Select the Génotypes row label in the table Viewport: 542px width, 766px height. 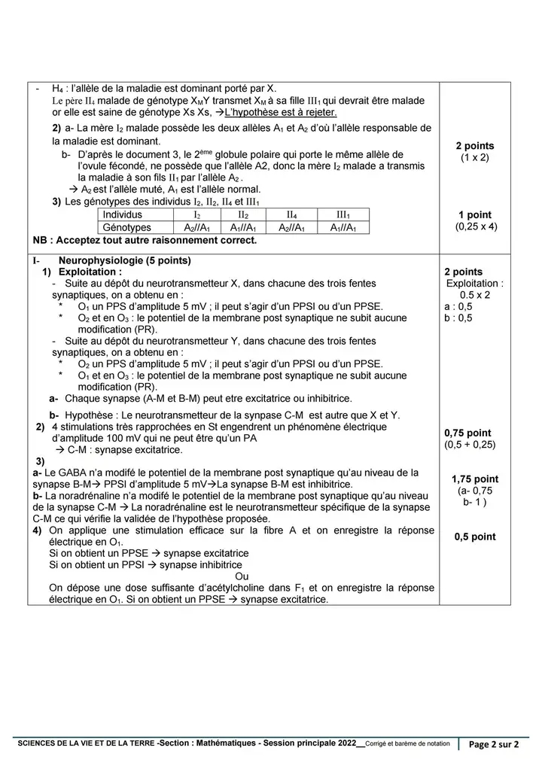(126, 227)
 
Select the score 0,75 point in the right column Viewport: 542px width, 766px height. (467, 433)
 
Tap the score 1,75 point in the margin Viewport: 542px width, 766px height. (475, 479)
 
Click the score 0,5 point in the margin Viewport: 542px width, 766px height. (475, 537)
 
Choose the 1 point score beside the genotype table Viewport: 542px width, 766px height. (475, 215)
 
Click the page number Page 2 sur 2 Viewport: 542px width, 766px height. (495, 745)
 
